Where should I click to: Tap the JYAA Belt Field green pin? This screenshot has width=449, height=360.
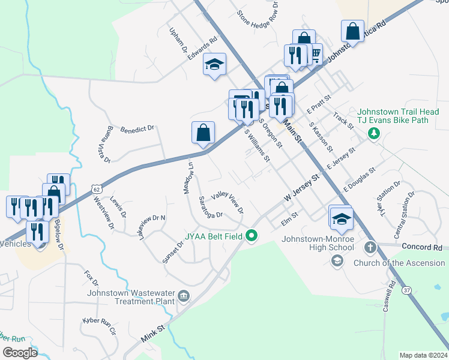[252, 236]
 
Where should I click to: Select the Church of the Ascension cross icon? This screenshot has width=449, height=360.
[370, 247]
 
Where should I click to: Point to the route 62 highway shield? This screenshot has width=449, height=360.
[97, 188]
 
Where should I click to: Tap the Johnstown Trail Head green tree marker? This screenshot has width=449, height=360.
[373, 132]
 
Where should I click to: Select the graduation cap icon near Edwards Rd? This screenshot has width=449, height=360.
[214, 64]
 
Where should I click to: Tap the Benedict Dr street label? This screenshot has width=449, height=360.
[137, 129]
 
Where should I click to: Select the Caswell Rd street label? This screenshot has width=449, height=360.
[388, 296]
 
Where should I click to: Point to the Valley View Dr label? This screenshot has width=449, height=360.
[228, 201]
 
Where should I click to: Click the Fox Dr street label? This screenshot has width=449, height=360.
[91, 277]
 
